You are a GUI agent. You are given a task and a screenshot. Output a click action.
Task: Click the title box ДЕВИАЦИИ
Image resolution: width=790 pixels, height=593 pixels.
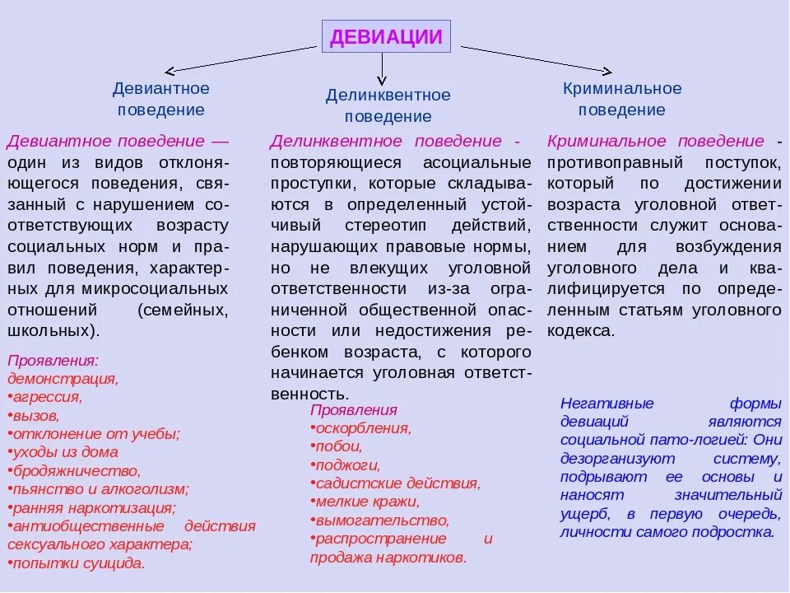coord(386,37)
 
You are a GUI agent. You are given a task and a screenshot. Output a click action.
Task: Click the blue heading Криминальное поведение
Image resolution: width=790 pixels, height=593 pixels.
coord(622,99)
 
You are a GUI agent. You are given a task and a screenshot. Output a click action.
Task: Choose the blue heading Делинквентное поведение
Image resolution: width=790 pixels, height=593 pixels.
coord(388,106)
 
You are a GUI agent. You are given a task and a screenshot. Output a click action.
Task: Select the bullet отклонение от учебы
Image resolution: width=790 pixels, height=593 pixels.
coord(95,433)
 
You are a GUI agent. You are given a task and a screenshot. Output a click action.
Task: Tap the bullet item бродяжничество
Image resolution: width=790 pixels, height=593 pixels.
coord(76,471)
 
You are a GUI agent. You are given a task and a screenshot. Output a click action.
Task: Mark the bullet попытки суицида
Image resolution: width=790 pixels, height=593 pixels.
coord(78,564)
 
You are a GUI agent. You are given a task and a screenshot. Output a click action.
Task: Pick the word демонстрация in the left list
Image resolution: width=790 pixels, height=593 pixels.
coord(63,378)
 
